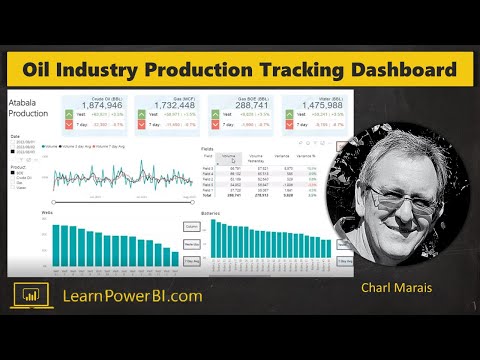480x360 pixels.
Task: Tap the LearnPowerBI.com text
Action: tap(132, 295)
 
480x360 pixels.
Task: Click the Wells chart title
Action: tap(46, 214)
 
